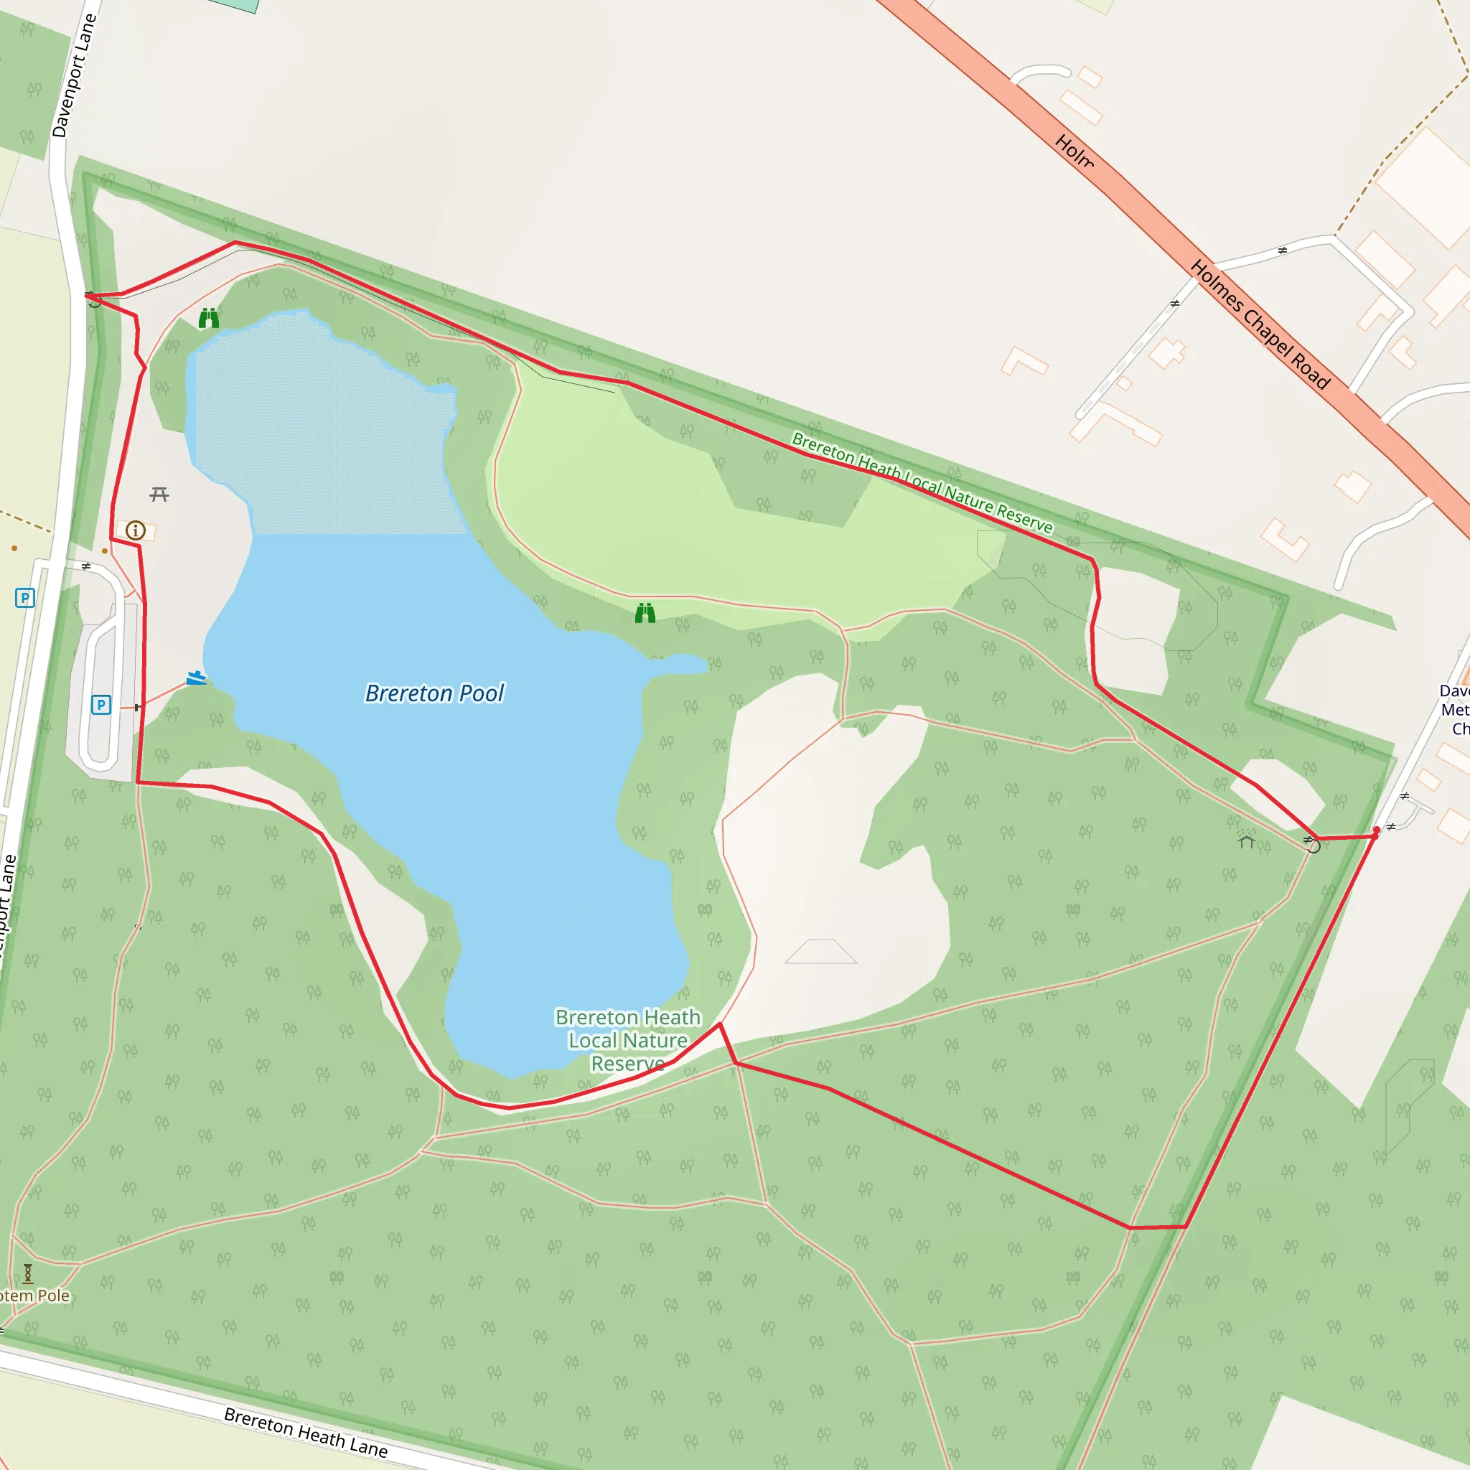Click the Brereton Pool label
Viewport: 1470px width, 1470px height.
click(x=434, y=693)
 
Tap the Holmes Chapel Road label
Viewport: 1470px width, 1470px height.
click(x=1259, y=324)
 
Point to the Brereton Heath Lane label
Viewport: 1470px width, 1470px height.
click(x=305, y=1432)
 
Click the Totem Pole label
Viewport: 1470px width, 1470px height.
click(x=34, y=1296)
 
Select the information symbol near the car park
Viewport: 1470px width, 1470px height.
click(x=136, y=530)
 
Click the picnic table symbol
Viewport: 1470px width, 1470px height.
click(x=159, y=495)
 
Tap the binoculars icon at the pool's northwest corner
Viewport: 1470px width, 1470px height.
click(x=208, y=318)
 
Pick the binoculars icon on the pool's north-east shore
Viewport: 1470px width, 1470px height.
click(x=645, y=612)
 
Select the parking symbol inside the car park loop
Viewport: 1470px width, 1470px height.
click(x=101, y=705)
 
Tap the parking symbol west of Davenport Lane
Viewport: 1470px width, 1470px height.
click(x=25, y=597)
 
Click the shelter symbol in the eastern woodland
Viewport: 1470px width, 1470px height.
click(x=1246, y=839)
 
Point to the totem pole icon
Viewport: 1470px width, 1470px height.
click(x=28, y=1273)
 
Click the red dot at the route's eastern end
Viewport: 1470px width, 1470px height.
click(x=1377, y=830)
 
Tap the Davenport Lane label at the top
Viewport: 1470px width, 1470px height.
click(x=74, y=76)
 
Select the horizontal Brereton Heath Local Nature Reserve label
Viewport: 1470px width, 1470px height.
click(x=628, y=1040)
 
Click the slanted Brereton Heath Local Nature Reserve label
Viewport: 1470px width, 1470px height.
click(x=922, y=482)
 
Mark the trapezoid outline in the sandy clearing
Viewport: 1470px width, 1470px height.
click(x=821, y=951)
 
